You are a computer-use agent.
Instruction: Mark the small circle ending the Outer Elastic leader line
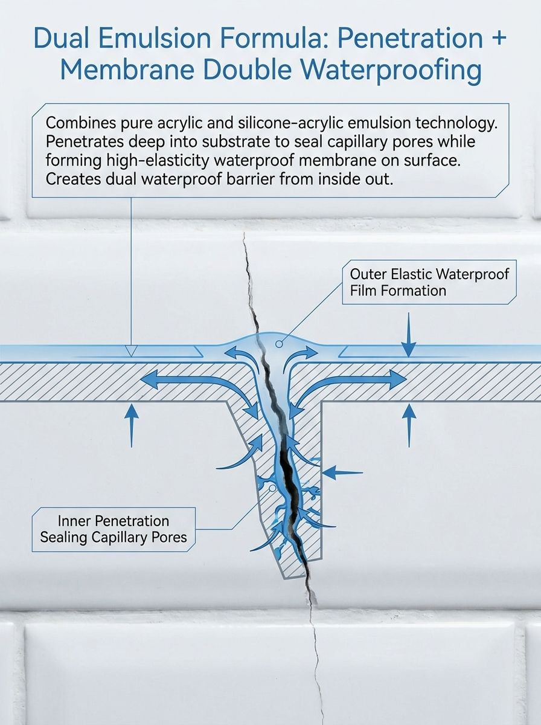pyautogui.click(x=279, y=344)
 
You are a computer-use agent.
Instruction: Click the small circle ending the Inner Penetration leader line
pyautogui.click(x=272, y=488)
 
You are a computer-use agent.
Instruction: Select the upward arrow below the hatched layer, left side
pyautogui.click(x=132, y=426)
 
